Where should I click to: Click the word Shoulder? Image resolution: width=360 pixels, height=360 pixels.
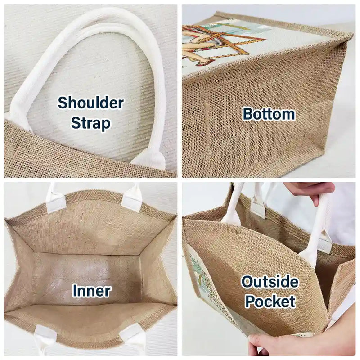tap(91, 103)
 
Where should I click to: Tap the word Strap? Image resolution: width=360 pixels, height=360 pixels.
tap(91, 123)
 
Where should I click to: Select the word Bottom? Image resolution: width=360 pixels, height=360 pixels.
tap(269, 114)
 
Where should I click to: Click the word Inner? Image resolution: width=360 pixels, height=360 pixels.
tap(92, 291)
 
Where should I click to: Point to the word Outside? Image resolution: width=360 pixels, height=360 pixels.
tap(270, 282)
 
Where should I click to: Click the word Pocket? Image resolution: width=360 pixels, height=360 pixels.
tap(270, 301)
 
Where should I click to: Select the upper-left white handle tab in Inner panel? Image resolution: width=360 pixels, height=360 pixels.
tap(56, 198)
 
